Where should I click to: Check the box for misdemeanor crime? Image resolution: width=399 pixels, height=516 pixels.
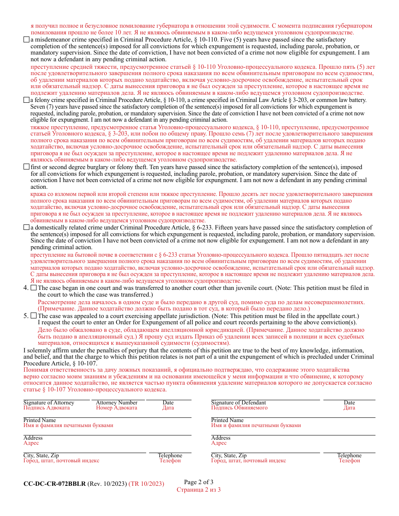26,40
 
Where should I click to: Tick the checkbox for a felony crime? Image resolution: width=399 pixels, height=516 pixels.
26,100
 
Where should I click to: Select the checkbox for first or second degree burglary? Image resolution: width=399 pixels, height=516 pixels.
26,167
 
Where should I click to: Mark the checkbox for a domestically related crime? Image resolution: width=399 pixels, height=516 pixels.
26,227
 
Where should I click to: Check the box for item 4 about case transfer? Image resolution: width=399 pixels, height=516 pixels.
34,288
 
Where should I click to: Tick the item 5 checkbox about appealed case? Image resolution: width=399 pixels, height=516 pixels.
34,316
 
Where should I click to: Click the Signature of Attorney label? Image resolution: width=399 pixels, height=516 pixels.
49,403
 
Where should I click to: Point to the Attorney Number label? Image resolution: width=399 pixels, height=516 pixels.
116,403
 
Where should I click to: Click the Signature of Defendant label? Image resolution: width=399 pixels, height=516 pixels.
238,403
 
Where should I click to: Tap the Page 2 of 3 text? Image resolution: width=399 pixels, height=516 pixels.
199,482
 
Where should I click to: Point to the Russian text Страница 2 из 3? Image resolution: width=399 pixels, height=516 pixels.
199,490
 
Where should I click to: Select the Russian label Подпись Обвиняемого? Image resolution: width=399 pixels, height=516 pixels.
239,408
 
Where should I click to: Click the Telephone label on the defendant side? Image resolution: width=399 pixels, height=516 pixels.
349,456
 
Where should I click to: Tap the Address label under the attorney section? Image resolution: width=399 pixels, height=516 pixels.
33,438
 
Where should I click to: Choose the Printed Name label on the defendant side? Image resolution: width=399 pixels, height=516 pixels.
227,420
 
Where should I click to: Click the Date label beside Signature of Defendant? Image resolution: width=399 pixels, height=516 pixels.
349,403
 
